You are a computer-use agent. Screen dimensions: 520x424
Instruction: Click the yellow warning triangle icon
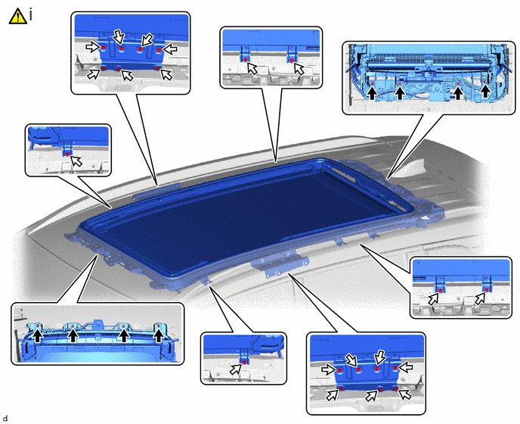pyautogui.click(x=17, y=16)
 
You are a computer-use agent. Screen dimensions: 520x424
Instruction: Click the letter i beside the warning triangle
pyautogui.click(x=31, y=14)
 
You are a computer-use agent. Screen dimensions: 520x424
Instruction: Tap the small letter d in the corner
pyautogui.click(x=5, y=419)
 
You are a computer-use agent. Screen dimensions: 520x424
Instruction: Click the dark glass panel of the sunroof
pyautogui.click(x=246, y=221)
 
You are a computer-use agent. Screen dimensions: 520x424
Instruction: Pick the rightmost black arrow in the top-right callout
pyautogui.click(x=485, y=91)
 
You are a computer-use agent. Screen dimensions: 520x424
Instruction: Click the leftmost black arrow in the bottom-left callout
pyautogui.click(x=38, y=335)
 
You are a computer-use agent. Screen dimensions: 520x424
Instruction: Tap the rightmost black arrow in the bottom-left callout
pyautogui.click(x=159, y=335)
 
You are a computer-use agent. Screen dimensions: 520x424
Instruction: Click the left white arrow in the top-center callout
pyautogui.click(x=252, y=69)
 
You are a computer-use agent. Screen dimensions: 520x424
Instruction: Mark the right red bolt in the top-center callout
pyautogui.click(x=292, y=60)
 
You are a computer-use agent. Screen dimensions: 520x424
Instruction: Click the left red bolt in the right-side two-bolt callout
pyautogui.click(x=441, y=291)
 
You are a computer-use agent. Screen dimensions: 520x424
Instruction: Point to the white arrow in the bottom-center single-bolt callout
pyautogui.click(x=236, y=369)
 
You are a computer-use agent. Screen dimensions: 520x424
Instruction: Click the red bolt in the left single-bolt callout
pyautogui.click(x=68, y=154)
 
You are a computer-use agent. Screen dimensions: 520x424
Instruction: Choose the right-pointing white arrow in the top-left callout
pyautogui.click(x=92, y=47)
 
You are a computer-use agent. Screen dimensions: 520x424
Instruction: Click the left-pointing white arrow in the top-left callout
pyautogui.click(x=171, y=49)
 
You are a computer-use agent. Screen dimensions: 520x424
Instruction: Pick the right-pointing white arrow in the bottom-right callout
pyautogui.click(x=328, y=369)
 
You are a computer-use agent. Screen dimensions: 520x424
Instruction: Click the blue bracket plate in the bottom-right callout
pyautogui.click(x=367, y=373)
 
